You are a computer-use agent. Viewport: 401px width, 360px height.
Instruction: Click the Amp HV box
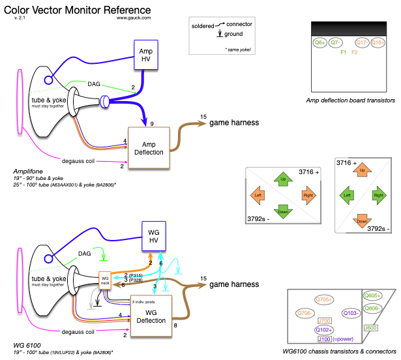146,54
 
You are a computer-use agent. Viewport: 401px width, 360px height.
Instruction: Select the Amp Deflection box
149,147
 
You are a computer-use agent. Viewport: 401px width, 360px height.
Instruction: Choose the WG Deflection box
151,316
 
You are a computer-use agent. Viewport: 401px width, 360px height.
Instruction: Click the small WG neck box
105,280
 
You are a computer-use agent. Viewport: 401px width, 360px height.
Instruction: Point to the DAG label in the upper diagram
95,84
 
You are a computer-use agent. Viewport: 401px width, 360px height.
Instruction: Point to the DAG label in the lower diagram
84,253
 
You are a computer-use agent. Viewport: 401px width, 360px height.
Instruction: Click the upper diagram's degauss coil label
79,160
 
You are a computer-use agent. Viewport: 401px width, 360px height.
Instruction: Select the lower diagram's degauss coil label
78,332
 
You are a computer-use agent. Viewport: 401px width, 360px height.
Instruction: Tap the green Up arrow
283,179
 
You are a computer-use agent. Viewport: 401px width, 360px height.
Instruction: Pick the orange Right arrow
308,194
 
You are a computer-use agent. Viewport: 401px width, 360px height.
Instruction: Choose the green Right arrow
378,194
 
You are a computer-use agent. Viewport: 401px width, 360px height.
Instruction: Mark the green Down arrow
283,210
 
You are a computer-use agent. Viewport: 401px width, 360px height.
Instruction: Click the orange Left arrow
258,194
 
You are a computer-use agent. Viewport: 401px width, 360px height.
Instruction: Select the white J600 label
370,327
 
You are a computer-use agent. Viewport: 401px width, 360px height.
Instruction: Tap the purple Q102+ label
324,330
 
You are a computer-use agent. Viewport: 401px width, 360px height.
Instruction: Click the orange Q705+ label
324,299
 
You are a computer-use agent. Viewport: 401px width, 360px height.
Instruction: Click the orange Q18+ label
378,42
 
